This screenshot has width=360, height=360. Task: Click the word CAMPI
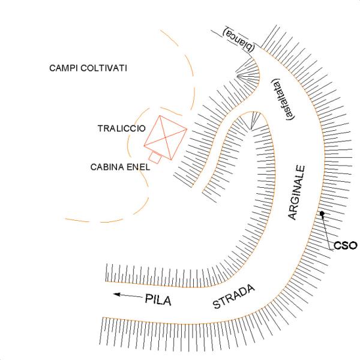pyautogui.click(x=65, y=68)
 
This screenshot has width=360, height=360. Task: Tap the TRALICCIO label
pyautogui.click(x=119, y=128)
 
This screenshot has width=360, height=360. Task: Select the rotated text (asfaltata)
pyautogui.click(x=281, y=99)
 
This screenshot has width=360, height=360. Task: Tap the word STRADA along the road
pyautogui.click(x=235, y=296)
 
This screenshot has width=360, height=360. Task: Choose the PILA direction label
pyautogui.click(x=158, y=300)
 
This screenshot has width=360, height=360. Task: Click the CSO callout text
pyautogui.click(x=345, y=245)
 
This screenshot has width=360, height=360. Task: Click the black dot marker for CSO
pyautogui.click(x=322, y=214)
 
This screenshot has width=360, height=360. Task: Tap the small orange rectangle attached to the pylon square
pyautogui.click(x=155, y=158)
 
